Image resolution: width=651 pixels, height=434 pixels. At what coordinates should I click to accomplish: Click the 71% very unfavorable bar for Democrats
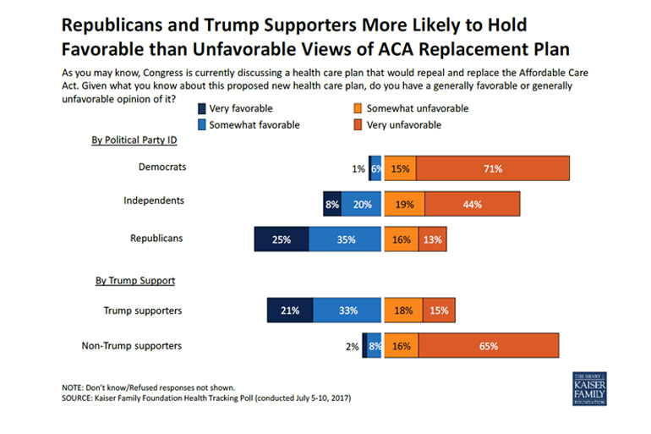493,168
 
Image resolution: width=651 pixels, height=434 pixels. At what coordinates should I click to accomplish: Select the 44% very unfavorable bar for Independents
472,204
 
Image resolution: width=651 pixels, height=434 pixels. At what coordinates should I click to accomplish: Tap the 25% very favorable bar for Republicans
281,239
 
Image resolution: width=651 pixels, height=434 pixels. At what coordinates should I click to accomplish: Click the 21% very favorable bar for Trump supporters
290,310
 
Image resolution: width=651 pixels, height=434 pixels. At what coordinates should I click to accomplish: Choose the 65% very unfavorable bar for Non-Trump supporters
488,346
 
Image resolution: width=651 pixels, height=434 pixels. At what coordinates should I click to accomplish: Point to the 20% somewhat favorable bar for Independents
361,204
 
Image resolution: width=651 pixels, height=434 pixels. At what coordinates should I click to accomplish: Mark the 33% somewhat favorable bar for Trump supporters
347,310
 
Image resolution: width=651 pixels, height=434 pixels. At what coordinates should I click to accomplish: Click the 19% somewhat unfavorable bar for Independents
404,204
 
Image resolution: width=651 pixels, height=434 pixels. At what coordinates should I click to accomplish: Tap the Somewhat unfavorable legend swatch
359,108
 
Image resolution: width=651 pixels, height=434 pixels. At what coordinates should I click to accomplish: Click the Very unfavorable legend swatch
359,124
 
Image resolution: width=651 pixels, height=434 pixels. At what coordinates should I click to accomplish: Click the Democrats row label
161,167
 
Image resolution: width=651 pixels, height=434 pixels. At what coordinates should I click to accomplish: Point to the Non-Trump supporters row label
132,345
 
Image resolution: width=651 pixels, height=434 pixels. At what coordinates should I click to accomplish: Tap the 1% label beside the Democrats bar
358,169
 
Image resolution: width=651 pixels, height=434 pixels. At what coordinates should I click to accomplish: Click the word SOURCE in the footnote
81,398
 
